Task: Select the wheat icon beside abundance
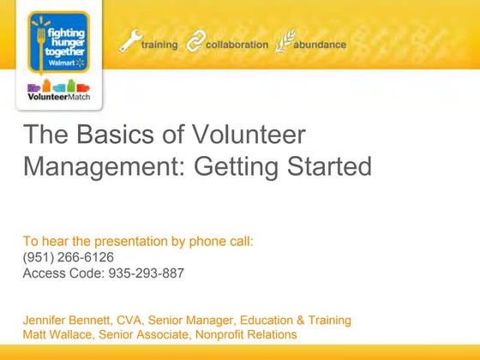tap(283, 43)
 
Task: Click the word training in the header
tap(159, 45)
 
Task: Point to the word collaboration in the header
tap(237, 45)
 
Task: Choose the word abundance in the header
tap(320, 45)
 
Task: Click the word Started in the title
tap(324, 165)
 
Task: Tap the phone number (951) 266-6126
tap(68, 257)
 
